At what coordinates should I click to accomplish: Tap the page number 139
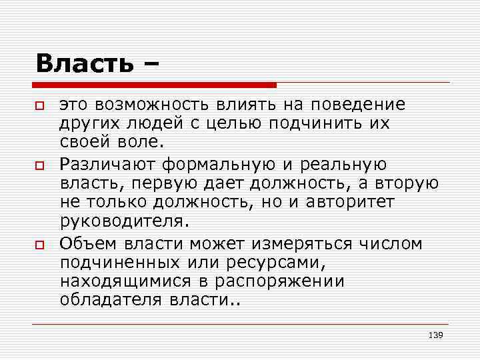tap(435, 335)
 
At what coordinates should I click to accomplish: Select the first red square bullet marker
tap(40, 107)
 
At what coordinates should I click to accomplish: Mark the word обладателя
tap(110, 299)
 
